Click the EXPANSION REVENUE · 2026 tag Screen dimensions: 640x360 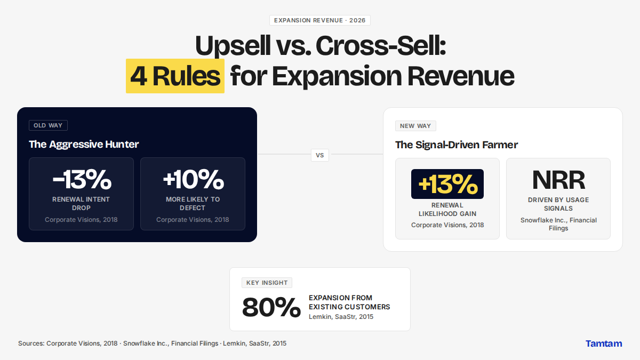(x=319, y=20)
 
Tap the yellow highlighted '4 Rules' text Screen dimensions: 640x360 (x=175, y=76)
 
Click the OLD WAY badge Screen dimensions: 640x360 (x=48, y=125)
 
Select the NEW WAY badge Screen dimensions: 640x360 (x=415, y=126)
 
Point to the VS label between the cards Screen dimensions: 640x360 (x=319, y=155)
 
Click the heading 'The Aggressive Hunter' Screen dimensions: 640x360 (x=84, y=145)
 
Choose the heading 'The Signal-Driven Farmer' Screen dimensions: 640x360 (x=457, y=145)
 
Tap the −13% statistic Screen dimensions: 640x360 (x=82, y=179)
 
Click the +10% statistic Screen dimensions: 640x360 (x=193, y=179)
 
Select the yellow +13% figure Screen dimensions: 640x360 (x=447, y=184)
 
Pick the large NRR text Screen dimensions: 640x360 (x=558, y=180)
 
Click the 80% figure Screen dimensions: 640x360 (x=271, y=307)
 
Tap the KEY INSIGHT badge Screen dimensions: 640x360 (x=267, y=283)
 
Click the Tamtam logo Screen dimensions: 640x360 (x=604, y=343)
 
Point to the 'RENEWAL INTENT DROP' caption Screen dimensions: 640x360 (x=81, y=203)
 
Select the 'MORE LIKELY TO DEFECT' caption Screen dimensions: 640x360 (x=193, y=203)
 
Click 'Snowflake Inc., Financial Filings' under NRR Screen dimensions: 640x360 (x=558, y=225)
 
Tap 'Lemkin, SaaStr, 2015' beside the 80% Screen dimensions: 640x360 (x=341, y=317)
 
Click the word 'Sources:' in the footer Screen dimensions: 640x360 (x=31, y=343)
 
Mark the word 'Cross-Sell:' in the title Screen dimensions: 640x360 (x=381, y=46)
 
